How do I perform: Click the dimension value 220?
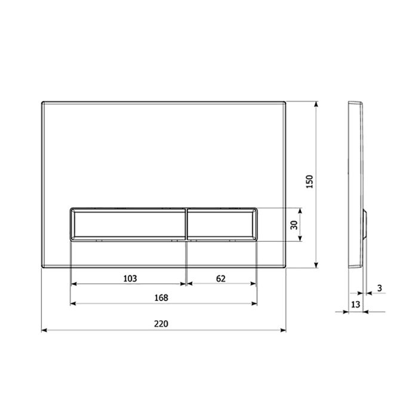click(161, 324)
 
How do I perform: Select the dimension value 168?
click(161, 297)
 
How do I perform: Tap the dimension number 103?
click(130, 278)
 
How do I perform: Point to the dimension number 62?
click(222, 278)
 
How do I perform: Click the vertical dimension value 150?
click(309, 182)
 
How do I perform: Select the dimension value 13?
click(355, 305)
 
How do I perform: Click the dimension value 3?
click(380, 289)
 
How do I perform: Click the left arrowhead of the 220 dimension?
click(44, 330)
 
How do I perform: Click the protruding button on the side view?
click(365, 224)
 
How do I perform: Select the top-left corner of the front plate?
click(42, 101)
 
